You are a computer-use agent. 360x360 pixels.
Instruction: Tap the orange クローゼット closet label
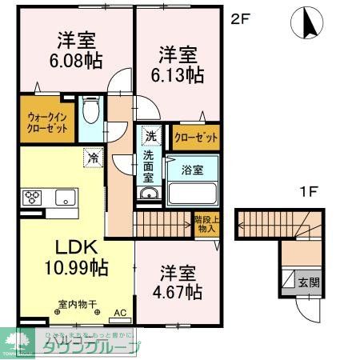[196, 138]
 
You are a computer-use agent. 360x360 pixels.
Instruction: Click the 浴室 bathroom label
[193, 170]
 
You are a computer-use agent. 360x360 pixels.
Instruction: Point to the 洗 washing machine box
[150, 135]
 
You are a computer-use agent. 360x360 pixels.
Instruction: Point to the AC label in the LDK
[120, 313]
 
